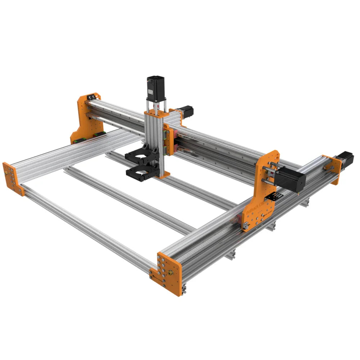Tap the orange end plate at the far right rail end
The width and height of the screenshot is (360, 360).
(x=333, y=169)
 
